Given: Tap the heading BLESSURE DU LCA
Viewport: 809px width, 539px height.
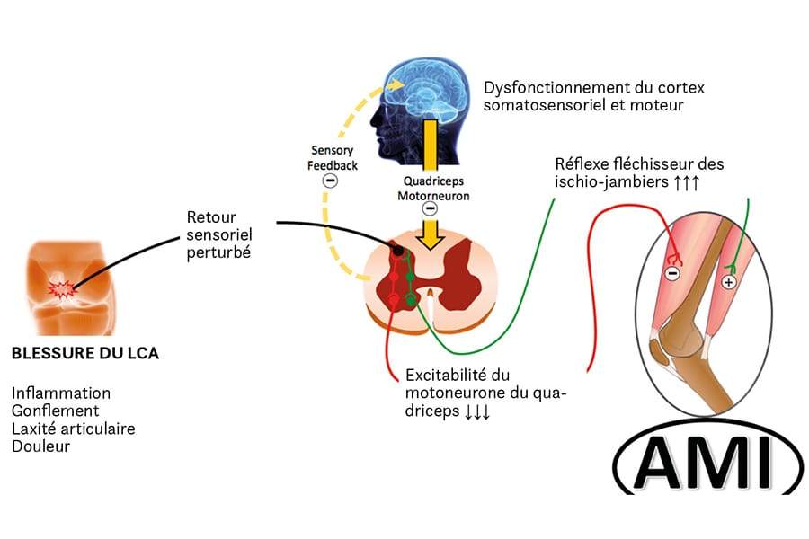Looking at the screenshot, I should click(84, 353).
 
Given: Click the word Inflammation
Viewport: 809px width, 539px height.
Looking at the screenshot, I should click(61, 393).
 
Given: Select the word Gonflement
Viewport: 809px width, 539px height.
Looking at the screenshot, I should click(56, 411).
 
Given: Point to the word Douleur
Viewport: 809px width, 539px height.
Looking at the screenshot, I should click(40, 446).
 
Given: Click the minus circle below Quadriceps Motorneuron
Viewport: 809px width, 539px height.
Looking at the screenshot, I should click(430, 209).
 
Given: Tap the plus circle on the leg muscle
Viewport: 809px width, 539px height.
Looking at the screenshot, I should click(729, 281).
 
